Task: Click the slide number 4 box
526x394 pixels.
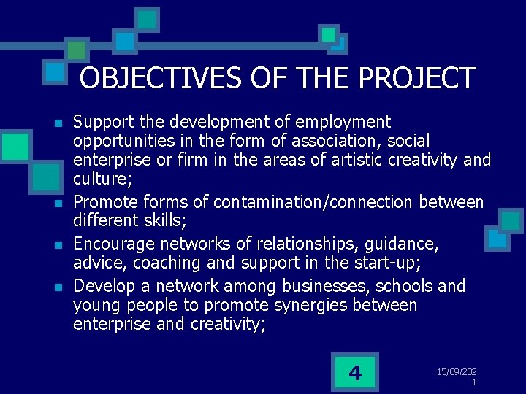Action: [x=355, y=373]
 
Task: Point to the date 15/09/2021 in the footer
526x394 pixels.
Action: [x=457, y=376]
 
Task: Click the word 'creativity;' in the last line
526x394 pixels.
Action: [x=224, y=324]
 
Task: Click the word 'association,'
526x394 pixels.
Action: [x=332, y=140]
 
